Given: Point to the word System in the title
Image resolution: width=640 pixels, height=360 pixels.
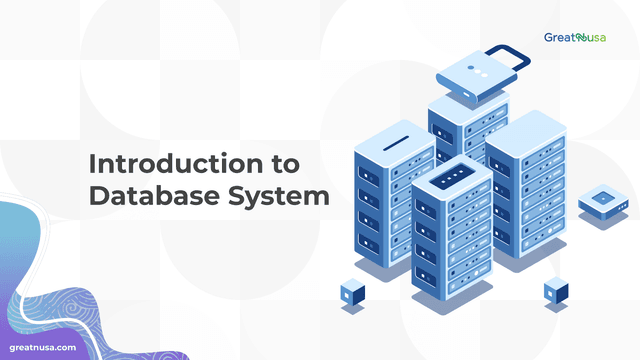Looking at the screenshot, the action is click(284, 196).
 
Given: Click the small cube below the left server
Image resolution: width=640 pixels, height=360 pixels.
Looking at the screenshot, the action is click(353, 292).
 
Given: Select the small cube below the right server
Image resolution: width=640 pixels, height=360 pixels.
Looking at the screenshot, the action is click(556, 291).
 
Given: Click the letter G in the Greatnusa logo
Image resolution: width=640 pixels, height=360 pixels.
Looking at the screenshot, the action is click(549, 38).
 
